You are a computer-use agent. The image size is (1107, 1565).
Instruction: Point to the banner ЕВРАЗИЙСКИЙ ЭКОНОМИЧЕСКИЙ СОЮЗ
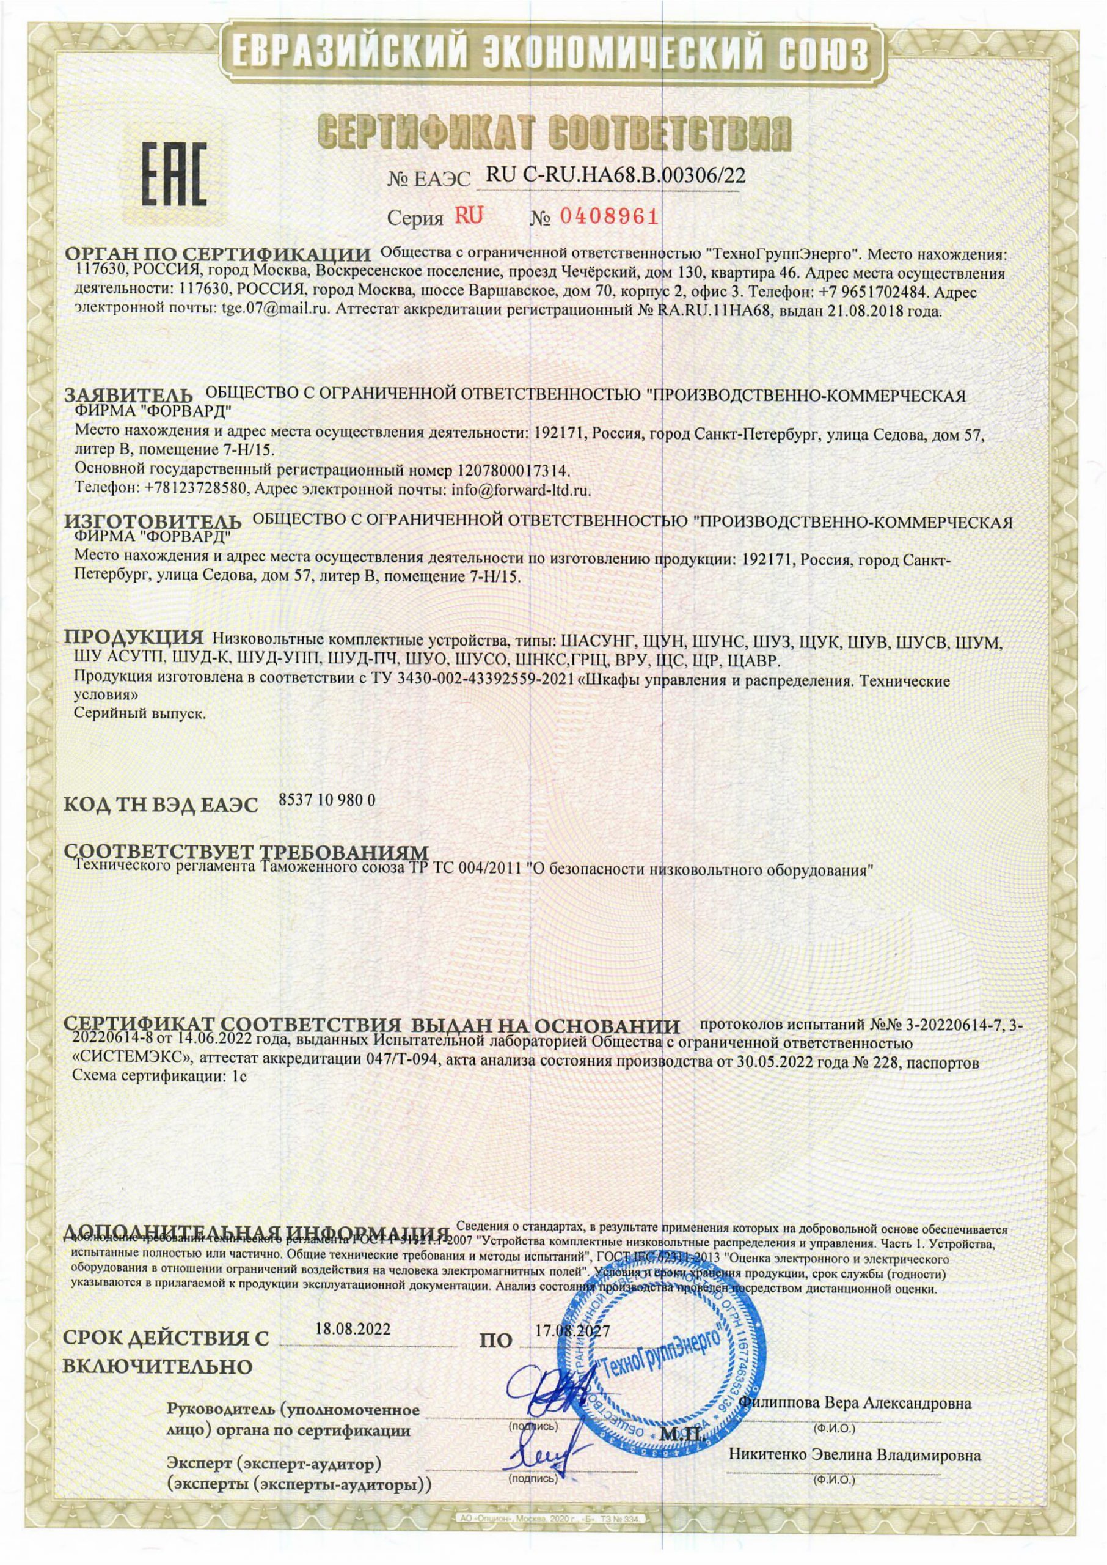[553, 53]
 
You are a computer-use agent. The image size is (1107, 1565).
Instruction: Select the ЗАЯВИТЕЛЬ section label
[130, 396]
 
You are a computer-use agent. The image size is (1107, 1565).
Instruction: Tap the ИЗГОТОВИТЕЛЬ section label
[153, 521]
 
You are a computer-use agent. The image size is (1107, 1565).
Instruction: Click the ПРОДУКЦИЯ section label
[134, 638]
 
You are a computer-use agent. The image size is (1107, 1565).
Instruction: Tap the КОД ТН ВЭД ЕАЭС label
[161, 805]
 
